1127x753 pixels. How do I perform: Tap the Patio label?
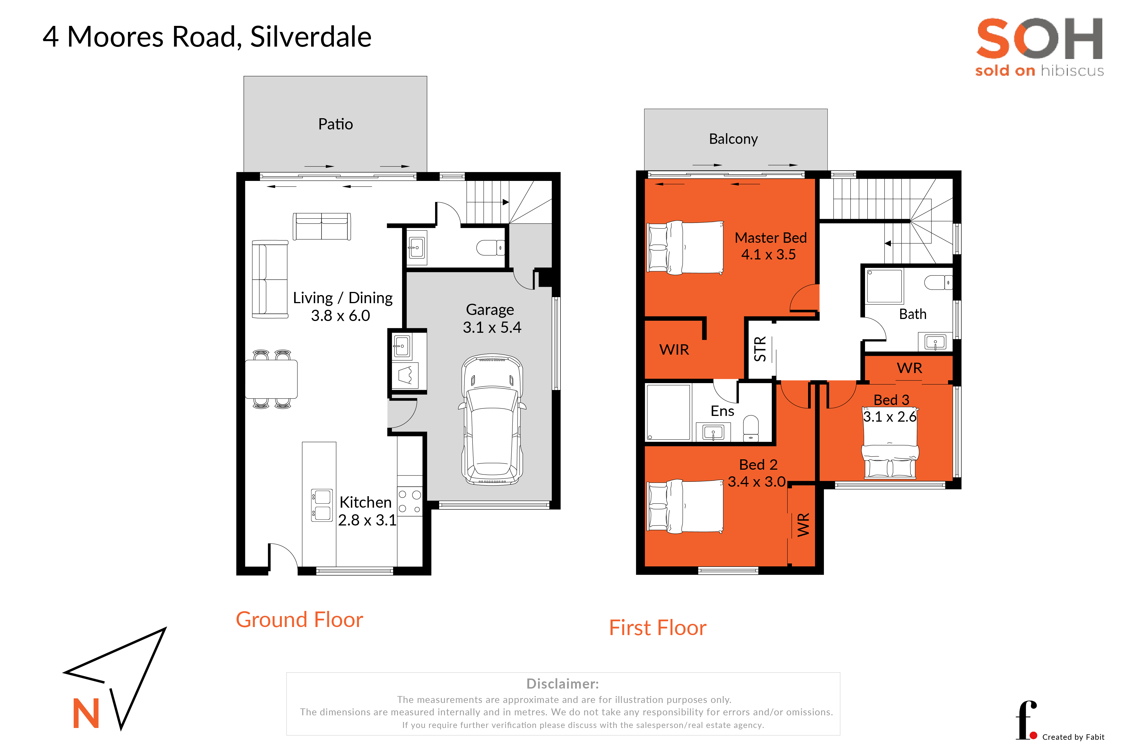336,124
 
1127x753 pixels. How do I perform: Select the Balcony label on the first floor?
733,139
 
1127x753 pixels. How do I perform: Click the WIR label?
674,350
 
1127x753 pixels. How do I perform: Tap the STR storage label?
760,349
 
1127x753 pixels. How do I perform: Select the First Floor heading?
658,628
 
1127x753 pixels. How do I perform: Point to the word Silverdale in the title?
311,37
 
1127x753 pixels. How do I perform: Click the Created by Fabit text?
1073,737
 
